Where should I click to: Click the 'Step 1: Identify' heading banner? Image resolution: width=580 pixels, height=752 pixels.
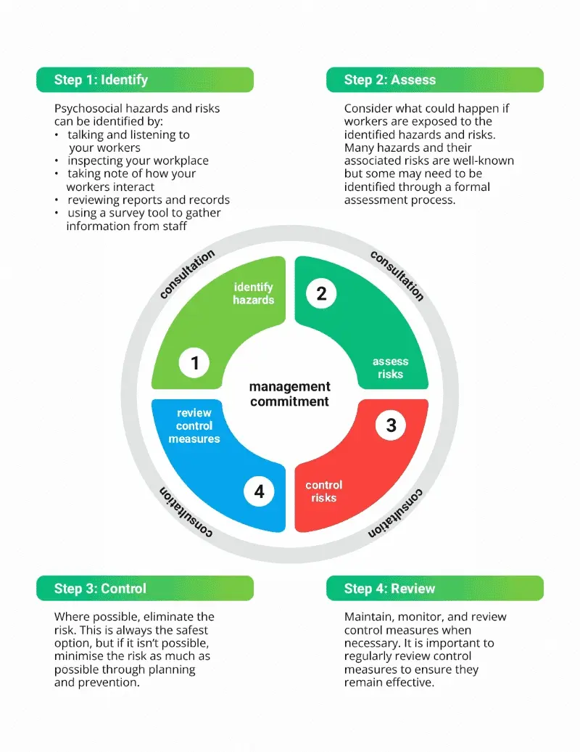[x=144, y=80]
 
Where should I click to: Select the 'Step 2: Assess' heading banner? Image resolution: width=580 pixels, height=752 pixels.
[x=434, y=80]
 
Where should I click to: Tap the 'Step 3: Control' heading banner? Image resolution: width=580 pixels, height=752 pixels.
[x=144, y=588]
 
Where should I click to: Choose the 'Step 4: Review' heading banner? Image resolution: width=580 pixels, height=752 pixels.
[x=434, y=588]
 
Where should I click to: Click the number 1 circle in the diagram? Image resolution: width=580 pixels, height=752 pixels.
[x=194, y=362]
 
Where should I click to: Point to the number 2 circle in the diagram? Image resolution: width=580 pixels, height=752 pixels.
[x=321, y=293]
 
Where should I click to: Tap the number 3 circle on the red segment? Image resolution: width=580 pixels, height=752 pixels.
[x=391, y=425]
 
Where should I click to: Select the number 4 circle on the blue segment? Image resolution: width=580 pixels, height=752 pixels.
[x=259, y=491]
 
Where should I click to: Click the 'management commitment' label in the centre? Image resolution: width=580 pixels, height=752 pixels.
[x=289, y=393]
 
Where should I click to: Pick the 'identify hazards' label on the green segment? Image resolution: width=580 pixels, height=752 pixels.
[x=253, y=293]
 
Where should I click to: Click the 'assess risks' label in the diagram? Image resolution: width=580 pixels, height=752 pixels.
[x=390, y=368]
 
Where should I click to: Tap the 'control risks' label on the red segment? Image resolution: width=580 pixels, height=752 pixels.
[x=324, y=491]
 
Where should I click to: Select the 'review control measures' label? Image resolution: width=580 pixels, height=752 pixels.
[x=194, y=426]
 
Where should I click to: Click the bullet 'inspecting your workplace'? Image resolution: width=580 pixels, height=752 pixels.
[x=138, y=160]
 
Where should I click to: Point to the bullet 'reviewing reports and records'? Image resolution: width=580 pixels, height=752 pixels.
[x=149, y=200]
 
